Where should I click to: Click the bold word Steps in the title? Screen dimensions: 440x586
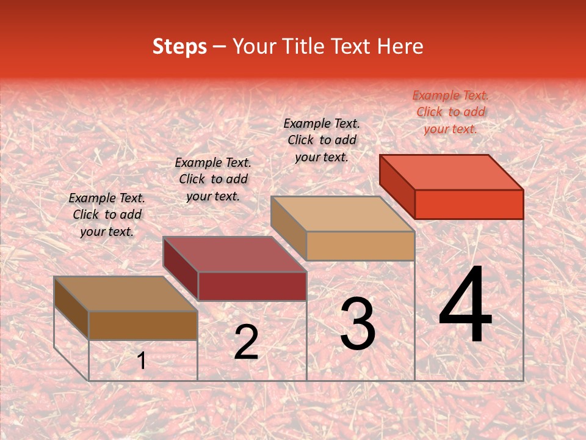pos(179,46)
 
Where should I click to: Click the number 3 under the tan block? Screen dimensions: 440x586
pos(358,324)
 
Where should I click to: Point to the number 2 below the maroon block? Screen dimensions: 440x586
pos(246,342)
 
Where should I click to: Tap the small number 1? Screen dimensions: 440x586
pos(142,361)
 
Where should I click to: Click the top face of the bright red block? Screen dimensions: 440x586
pos(452,172)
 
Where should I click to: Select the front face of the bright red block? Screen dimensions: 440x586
pos(469,204)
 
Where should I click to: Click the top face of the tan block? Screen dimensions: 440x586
pos(342,214)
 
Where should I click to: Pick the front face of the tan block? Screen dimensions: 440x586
pos(360,246)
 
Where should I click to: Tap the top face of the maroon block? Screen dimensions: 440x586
pos(234,254)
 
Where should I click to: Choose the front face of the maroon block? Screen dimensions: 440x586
pos(252,286)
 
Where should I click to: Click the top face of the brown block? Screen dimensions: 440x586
pos(126,294)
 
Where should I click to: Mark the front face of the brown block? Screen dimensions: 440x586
pos(143,325)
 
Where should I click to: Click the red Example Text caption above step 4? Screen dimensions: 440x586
pos(450,112)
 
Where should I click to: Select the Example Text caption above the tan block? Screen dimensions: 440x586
pos(322,140)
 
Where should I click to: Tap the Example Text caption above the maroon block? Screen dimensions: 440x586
pos(213,179)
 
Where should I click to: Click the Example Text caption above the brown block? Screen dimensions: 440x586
pos(107,215)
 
